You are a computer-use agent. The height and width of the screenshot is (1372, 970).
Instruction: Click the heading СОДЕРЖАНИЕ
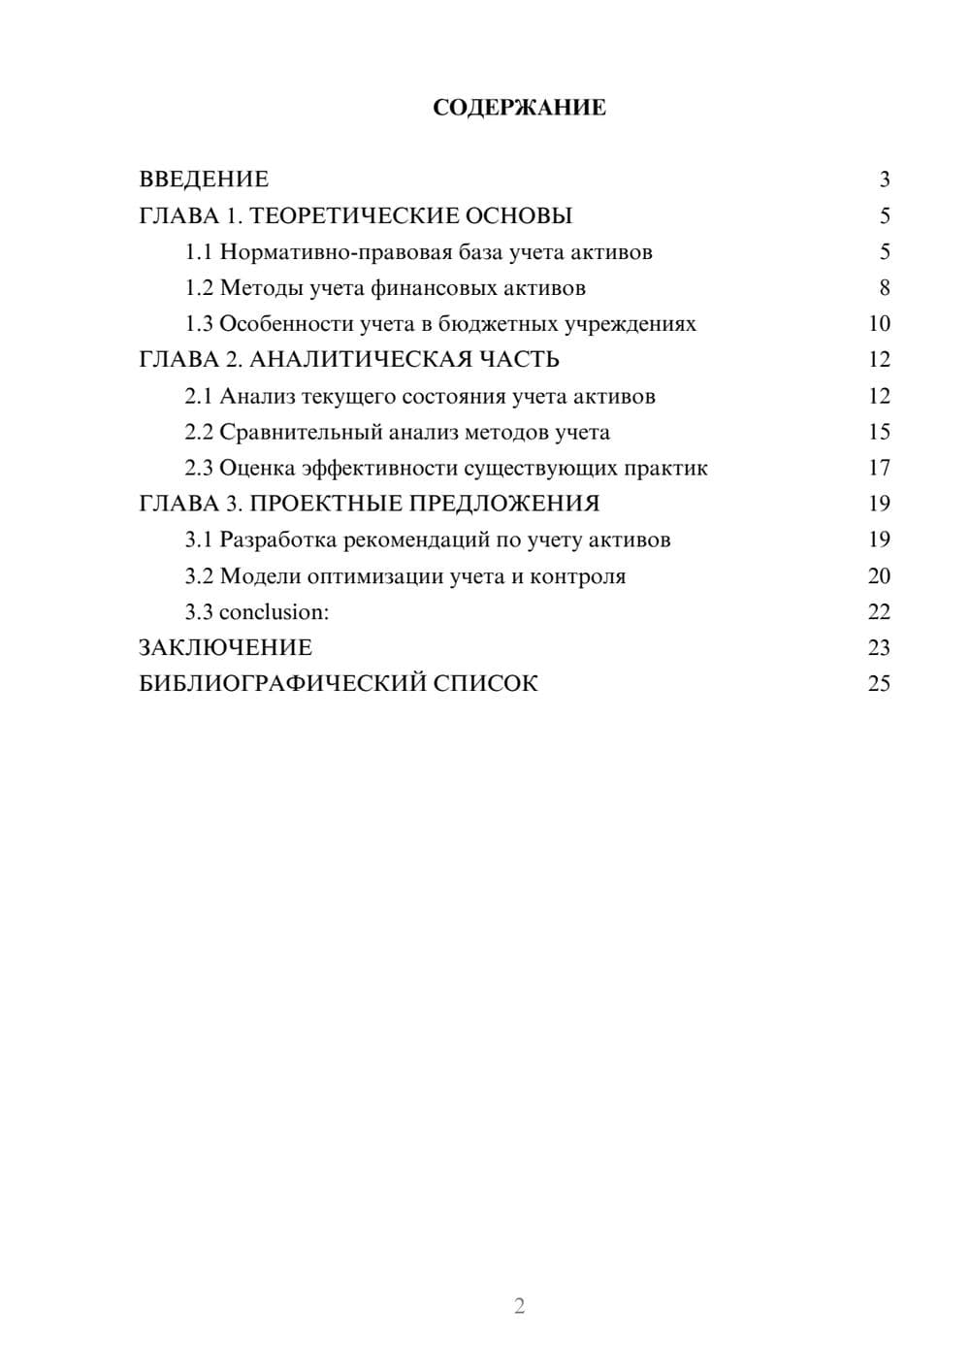point(519,108)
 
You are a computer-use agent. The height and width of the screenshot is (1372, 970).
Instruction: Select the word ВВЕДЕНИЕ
point(204,180)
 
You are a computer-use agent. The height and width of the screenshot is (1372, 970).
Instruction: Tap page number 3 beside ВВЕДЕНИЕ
point(884,180)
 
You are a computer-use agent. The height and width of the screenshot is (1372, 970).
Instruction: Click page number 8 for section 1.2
point(884,288)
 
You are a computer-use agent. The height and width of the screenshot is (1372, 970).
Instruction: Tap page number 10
point(879,324)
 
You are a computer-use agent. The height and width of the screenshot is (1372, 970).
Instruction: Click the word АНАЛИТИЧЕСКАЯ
point(360,360)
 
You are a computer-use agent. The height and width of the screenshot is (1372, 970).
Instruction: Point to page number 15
point(879,433)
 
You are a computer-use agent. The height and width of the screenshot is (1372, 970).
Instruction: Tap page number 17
point(879,469)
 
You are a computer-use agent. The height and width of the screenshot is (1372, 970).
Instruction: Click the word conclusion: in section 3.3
point(275,612)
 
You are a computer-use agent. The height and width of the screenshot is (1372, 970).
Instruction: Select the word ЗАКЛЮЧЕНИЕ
point(225,648)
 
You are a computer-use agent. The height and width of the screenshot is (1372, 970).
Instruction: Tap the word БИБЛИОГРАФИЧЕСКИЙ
point(282,684)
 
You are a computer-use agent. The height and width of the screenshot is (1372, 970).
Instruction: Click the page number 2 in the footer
point(519,1306)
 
